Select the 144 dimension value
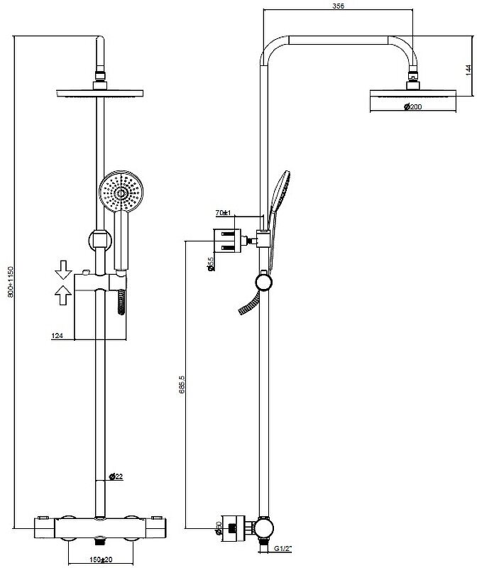[468, 70]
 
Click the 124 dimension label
[59, 335]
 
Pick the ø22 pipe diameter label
[116, 476]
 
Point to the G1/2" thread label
[283, 548]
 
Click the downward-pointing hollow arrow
[64, 269]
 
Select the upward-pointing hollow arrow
[64, 293]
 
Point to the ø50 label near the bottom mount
[219, 528]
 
